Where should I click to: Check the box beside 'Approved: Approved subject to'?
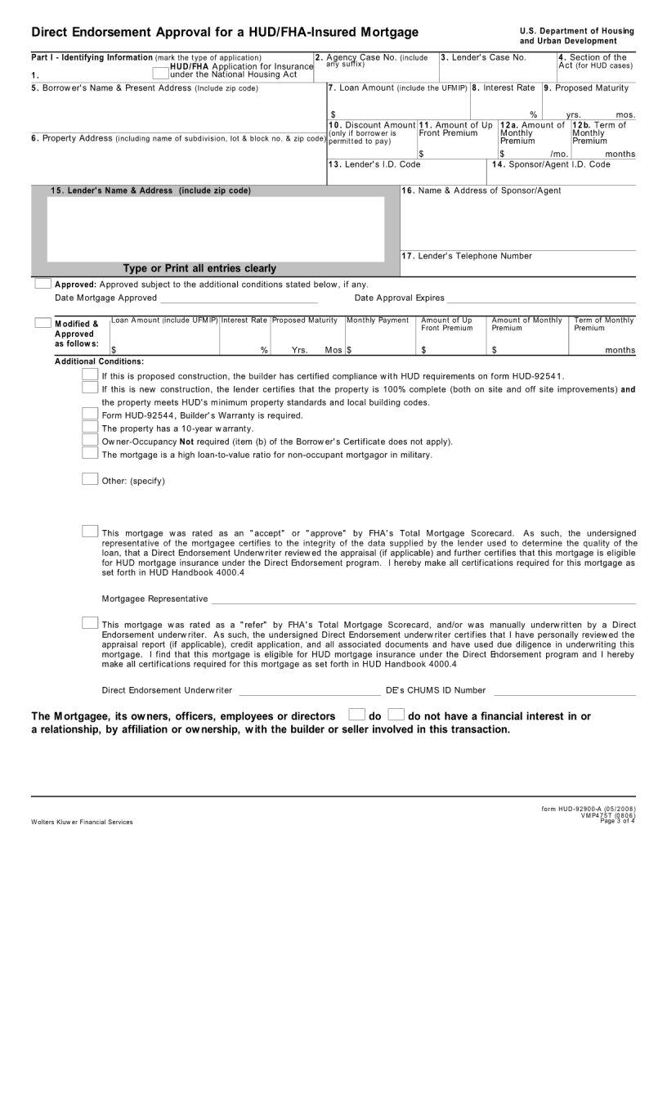point(43,284)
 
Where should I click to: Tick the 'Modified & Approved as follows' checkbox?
point(43,323)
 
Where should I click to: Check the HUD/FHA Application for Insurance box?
point(160,73)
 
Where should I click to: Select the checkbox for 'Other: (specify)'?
point(90,479)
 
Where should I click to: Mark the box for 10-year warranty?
point(90,427)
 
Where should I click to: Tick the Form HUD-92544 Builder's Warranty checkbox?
point(90,414)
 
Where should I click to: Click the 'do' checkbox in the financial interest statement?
point(356,715)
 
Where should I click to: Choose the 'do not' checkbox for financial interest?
point(396,715)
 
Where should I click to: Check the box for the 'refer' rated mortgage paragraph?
point(90,623)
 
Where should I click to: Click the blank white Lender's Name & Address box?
point(215,228)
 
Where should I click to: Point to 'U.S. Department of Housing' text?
point(576,31)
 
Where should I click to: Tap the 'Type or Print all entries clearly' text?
point(199,268)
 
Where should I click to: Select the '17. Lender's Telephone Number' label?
point(467,256)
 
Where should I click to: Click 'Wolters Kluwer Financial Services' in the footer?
point(82,822)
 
